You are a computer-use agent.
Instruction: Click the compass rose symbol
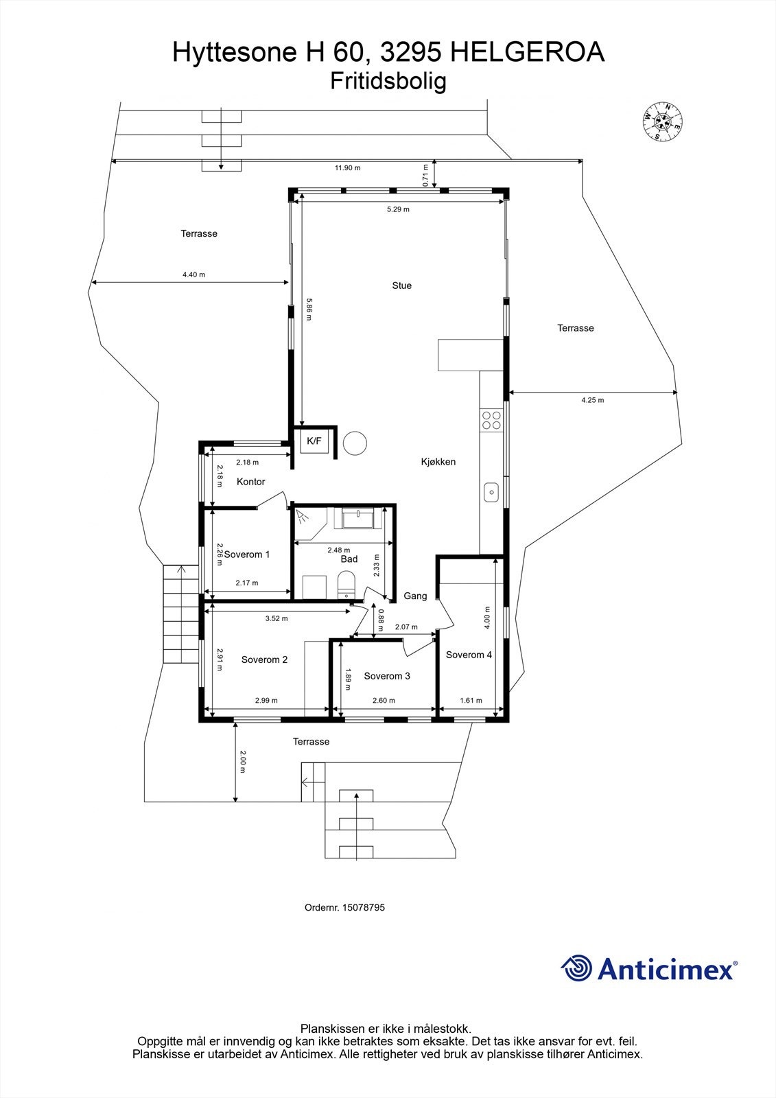pos(662,121)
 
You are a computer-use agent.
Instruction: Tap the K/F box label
pos(314,441)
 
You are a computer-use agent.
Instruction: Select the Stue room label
pos(402,285)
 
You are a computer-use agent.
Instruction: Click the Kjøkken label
pos(438,462)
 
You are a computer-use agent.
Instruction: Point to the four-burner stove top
pos(491,420)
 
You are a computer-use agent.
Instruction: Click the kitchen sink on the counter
pos(491,491)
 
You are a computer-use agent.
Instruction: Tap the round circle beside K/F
pos(355,443)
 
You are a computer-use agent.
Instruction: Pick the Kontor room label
pos(250,482)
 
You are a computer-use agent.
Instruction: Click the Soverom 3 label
pos(387,676)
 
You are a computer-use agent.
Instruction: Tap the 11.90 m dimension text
pos(347,167)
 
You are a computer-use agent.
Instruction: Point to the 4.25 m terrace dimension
pos(592,400)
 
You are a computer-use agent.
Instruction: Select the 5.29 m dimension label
pos(398,209)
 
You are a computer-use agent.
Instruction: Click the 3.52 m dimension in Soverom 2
pos(277,618)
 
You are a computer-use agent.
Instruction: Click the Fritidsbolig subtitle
pos(388,81)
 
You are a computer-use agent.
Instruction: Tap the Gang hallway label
pos(415,596)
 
